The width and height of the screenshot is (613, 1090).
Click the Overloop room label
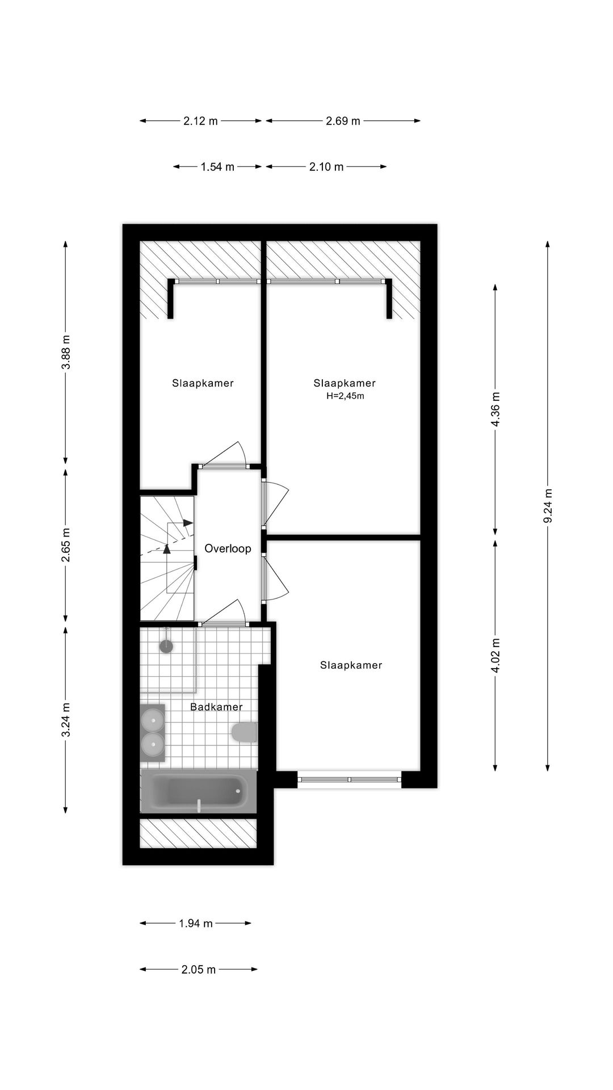228,548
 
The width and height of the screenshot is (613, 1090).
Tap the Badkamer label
216,707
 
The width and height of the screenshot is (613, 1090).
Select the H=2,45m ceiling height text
345,396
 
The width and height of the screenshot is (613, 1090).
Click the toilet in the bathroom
245,732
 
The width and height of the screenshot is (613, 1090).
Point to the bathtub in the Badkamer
198,791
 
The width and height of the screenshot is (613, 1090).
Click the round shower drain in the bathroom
166,646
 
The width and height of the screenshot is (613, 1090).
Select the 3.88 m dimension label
66,352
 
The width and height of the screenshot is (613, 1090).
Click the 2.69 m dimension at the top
343,121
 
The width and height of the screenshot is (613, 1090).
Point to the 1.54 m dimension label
217,167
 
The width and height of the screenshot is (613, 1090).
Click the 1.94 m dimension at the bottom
195,924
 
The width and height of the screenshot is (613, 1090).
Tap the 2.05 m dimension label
199,970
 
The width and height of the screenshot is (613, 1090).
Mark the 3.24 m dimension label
66,720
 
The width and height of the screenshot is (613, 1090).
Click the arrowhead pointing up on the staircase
167,548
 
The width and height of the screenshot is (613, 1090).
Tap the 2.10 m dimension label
326,167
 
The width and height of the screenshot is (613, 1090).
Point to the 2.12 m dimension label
200,121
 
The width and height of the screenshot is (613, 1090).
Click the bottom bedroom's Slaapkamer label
351,665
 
